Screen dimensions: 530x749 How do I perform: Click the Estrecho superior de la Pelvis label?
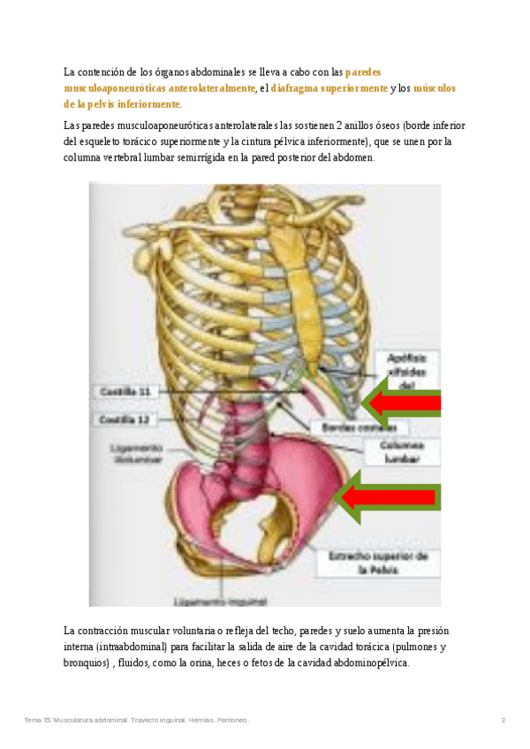click(377, 563)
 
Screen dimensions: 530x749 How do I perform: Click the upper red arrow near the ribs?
click(402, 405)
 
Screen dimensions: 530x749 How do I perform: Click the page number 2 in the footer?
click(503, 720)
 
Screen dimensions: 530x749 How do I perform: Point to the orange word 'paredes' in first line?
click(363, 72)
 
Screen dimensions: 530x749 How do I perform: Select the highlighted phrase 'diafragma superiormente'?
click(329, 88)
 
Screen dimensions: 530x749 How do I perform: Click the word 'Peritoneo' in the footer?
click(231, 720)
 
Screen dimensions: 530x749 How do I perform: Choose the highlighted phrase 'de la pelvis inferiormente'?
click(122, 104)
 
